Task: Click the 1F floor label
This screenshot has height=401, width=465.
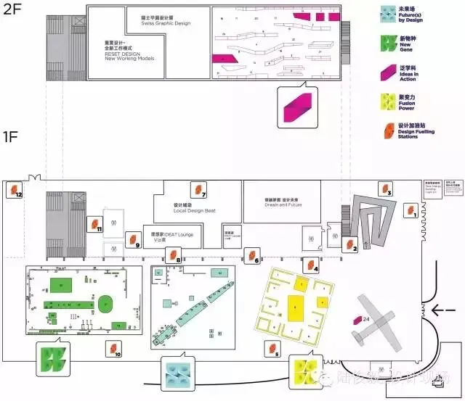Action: pyautogui.click(x=13, y=136)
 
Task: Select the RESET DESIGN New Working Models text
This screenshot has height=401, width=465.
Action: pyautogui.click(x=129, y=50)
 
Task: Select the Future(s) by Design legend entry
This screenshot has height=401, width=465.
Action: pyautogui.click(x=409, y=13)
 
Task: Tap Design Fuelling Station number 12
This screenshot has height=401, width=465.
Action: pyautogui.click(x=15, y=191)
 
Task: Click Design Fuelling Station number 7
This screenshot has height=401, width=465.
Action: pyautogui.click(x=197, y=190)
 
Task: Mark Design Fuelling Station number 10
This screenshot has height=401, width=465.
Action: pyautogui.click(x=113, y=350)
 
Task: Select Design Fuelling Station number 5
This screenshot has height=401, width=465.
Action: pyautogui.click(x=273, y=350)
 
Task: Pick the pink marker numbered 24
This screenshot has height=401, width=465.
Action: pyautogui.click(x=359, y=320)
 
